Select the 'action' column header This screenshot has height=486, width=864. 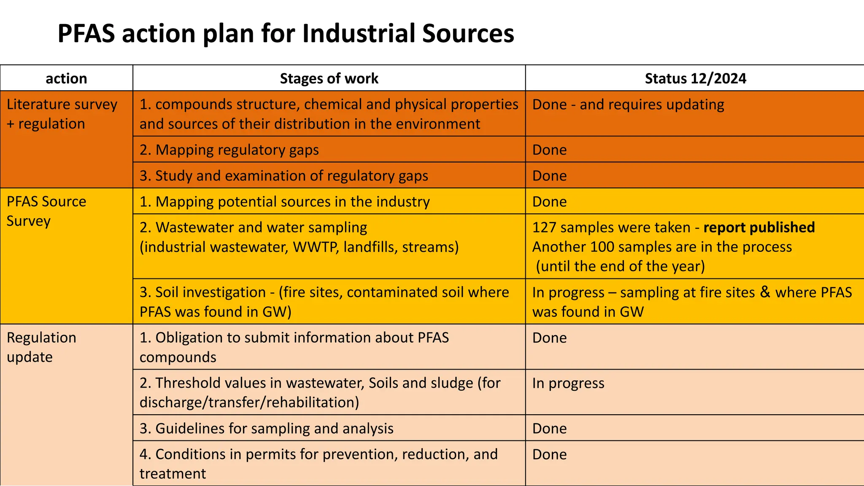click(66, 78)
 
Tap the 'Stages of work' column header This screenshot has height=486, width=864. click(329, 78)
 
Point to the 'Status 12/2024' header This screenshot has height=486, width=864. click(695, 78)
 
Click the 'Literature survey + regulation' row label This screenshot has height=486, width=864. click(62, 114)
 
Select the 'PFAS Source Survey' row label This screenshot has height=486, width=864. click(46, 211)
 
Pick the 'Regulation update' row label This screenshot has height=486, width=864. click(41, 347)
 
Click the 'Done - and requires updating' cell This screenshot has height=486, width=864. click(628, 104)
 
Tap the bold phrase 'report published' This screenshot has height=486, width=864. click(759, 227)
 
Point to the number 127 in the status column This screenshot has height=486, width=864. click(544, 227)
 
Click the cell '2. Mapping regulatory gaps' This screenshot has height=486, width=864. click(229, 150)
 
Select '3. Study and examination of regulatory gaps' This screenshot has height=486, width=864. click(283, 175)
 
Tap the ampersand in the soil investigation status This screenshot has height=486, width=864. click(765, 292)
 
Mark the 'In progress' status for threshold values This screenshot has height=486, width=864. click(568, 383)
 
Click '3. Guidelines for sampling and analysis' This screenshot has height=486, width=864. click(266, 428)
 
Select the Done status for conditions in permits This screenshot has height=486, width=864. click(549, 454)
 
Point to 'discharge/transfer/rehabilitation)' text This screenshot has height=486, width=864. click(249, 402)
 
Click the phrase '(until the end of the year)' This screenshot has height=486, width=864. click(620, 266)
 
